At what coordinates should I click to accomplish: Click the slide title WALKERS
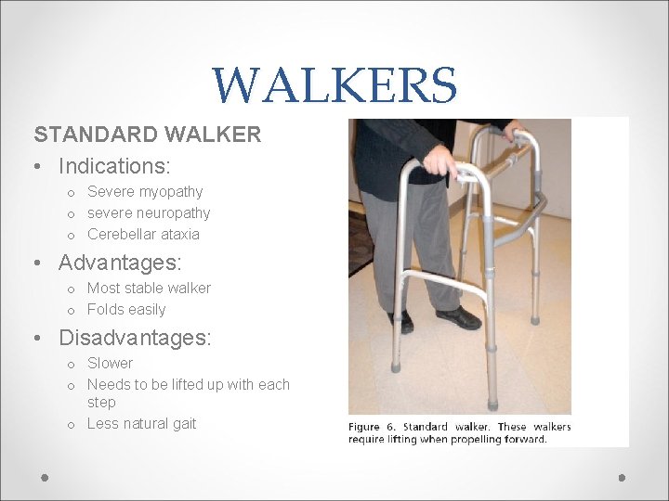click(x=334, y=85)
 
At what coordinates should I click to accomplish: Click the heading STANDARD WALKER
click(x=148, y=135)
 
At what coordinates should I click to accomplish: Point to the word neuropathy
click(x=176, y=212)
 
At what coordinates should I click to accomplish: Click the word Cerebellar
click(x=118, y=234)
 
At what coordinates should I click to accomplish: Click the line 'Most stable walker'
click(x=149, y=288)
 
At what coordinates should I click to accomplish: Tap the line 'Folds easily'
click(x=126, y=309)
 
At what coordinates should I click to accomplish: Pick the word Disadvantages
click(x=134, y=339)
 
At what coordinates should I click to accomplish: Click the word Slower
click(x=110, y=363)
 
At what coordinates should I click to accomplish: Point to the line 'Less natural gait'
click(x=141, y=423)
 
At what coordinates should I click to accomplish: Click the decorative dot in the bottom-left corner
click(x=45, y=477)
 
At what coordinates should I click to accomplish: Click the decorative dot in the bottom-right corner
click(x=623, y=477)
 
